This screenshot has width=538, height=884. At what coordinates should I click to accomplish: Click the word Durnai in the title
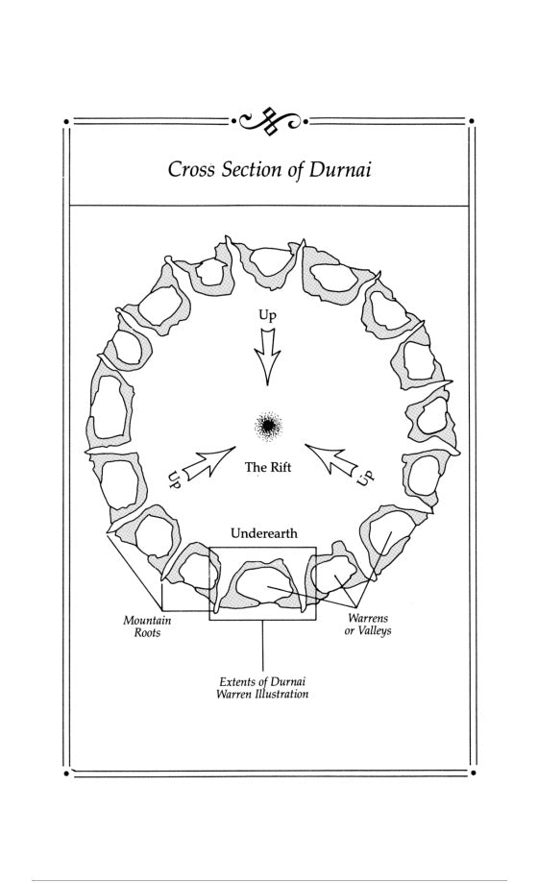[339, 170]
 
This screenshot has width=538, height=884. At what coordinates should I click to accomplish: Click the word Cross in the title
[191, 170]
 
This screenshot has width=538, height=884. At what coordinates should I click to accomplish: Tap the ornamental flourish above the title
[270, 120]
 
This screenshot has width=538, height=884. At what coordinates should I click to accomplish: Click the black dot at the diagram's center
[268, 425]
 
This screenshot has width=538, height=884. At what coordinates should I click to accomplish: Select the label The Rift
[268, 467]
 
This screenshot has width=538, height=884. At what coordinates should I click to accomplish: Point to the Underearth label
[264, 532]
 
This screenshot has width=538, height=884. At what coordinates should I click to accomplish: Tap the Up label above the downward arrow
[267, 315]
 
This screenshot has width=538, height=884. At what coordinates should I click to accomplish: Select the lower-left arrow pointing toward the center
[208, 463]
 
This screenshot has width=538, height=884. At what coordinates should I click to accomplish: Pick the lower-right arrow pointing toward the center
[331, 459]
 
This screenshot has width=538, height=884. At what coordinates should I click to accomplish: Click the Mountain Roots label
[147, 626]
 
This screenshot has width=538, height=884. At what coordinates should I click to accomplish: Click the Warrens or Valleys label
[368, 625]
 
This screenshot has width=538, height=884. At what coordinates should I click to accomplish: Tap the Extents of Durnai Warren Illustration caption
[262, 688]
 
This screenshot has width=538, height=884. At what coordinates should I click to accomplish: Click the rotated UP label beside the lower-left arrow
[174, 479]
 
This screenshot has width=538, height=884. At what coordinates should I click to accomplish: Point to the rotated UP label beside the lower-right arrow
[365, 477]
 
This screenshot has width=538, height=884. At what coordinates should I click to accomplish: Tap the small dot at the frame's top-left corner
[66, 121]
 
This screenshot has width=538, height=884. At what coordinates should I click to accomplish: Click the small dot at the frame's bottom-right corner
[473, 773]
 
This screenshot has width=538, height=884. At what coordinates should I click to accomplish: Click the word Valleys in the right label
[375, 631]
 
